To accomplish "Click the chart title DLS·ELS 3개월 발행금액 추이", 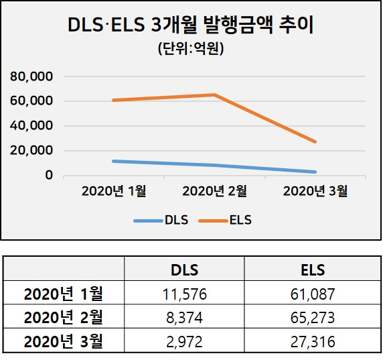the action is [191, 25].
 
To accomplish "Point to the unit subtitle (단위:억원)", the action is [191, 49].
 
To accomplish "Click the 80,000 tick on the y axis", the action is [31, 76].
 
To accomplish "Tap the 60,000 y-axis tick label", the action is [31, 101].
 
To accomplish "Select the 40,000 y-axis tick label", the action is [31, 126].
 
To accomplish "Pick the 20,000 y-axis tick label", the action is [31, 150].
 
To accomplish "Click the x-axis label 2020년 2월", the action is [214, 191].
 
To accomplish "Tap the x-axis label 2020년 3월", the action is [315, 191].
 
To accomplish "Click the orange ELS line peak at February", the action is [214, 95].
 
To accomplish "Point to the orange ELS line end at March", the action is [315, 141].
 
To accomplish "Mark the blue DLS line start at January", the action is [114, 161].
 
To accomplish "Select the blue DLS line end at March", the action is [315, 172].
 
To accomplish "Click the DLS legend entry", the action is [161, 220].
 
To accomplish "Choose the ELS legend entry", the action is [225, 220].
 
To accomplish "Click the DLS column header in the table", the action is [184, 270].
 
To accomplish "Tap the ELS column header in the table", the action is [313, 270].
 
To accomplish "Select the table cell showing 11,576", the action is [184, 294].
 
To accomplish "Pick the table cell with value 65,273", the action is [313, 318].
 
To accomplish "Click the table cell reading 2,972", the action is [184, 342].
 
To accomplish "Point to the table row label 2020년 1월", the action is [64, 294].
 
